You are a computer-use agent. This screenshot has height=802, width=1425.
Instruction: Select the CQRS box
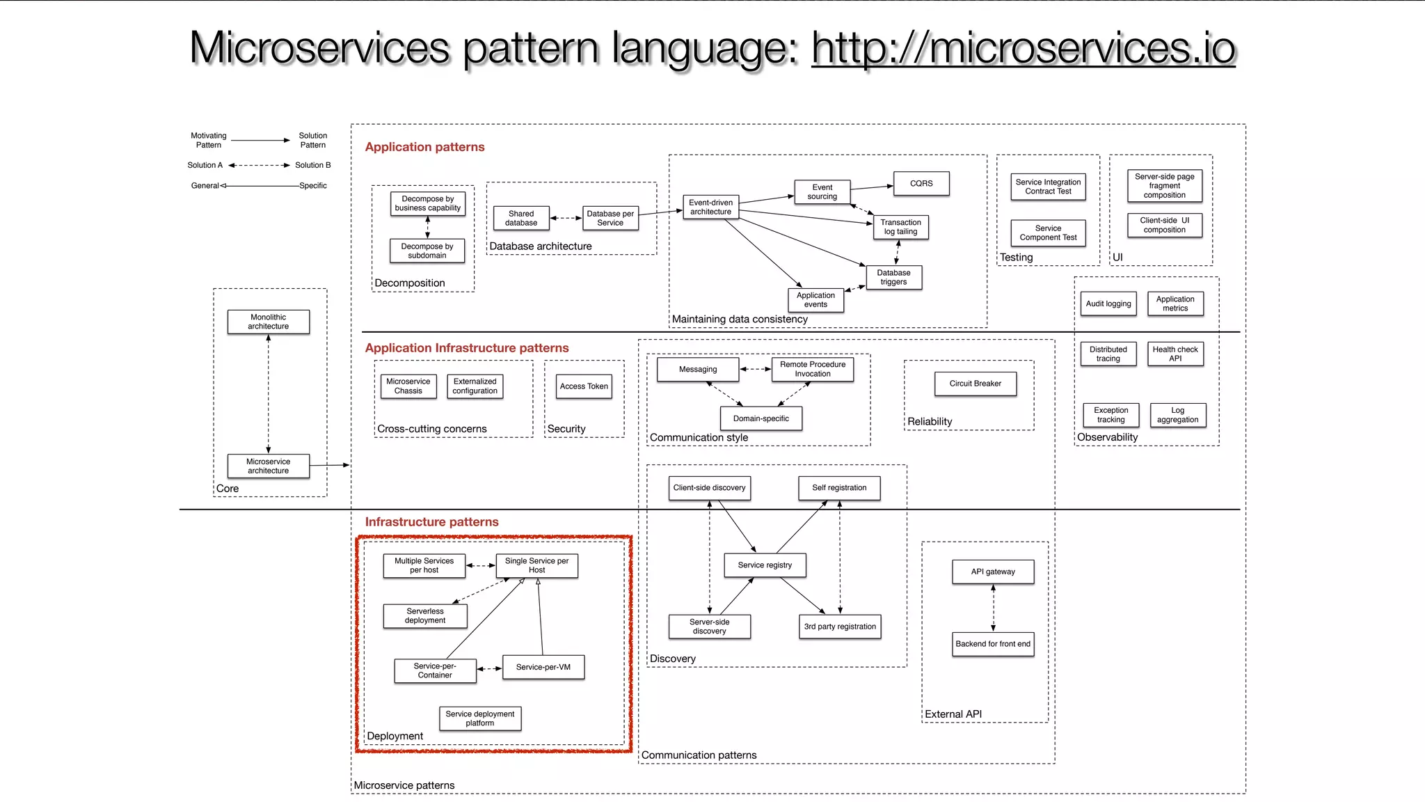tap(921, 183)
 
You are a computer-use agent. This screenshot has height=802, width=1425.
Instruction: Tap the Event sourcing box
tap(822, 191)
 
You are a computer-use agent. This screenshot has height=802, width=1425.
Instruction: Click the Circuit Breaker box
tap(975, 383)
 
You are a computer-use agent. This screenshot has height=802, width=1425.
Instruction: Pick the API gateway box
tap(992, 572)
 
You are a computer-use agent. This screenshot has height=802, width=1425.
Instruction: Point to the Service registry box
tap(765, 565)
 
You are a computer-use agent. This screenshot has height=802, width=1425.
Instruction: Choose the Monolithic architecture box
tap(268, 322)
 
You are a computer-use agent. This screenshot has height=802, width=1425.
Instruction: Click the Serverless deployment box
tap(424, 615)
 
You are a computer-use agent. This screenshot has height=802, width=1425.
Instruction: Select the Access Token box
tap(584, 386)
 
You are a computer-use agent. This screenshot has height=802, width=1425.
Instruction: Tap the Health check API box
tap(1175, 354)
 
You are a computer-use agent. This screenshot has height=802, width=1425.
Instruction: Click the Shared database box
tap(520, 218)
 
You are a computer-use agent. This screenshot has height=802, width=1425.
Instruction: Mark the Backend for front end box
tap(992, 644)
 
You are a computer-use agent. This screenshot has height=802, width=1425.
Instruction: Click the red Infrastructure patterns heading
tap(431, 522)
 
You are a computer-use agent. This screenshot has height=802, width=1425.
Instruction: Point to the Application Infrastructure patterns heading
tap(466, 348)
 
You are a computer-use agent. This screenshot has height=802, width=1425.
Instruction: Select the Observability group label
tap(1107, 437)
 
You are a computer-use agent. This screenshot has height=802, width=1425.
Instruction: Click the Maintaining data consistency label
tap(739, 319)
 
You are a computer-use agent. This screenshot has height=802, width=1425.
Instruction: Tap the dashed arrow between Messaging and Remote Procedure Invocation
tap(755, 369)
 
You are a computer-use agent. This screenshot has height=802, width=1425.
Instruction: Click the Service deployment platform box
tap(479, 718)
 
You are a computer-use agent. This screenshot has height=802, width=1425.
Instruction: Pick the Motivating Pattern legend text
tap(209, 140)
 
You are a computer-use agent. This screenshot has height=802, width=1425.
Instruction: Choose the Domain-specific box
tap(761, 418)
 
